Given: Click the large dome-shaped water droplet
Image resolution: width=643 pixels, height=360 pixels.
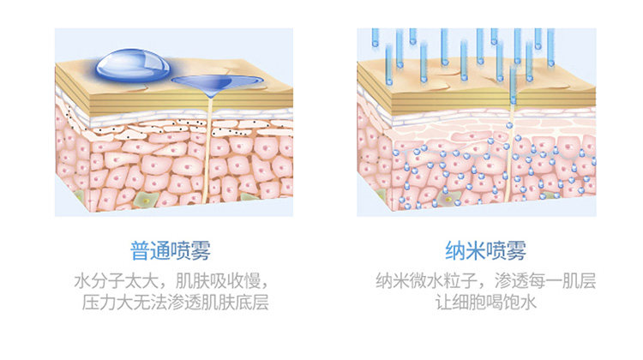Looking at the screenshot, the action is tap(133, 63).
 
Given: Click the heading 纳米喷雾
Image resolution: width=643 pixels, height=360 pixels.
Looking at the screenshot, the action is tap(485, 250).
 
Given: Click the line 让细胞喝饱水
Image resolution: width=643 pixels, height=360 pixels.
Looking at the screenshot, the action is tap(485, 303).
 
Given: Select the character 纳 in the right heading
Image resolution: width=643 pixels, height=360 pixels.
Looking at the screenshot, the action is tap(455, 250).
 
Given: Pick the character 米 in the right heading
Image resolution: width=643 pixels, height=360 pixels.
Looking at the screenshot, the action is tap(475, 250).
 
